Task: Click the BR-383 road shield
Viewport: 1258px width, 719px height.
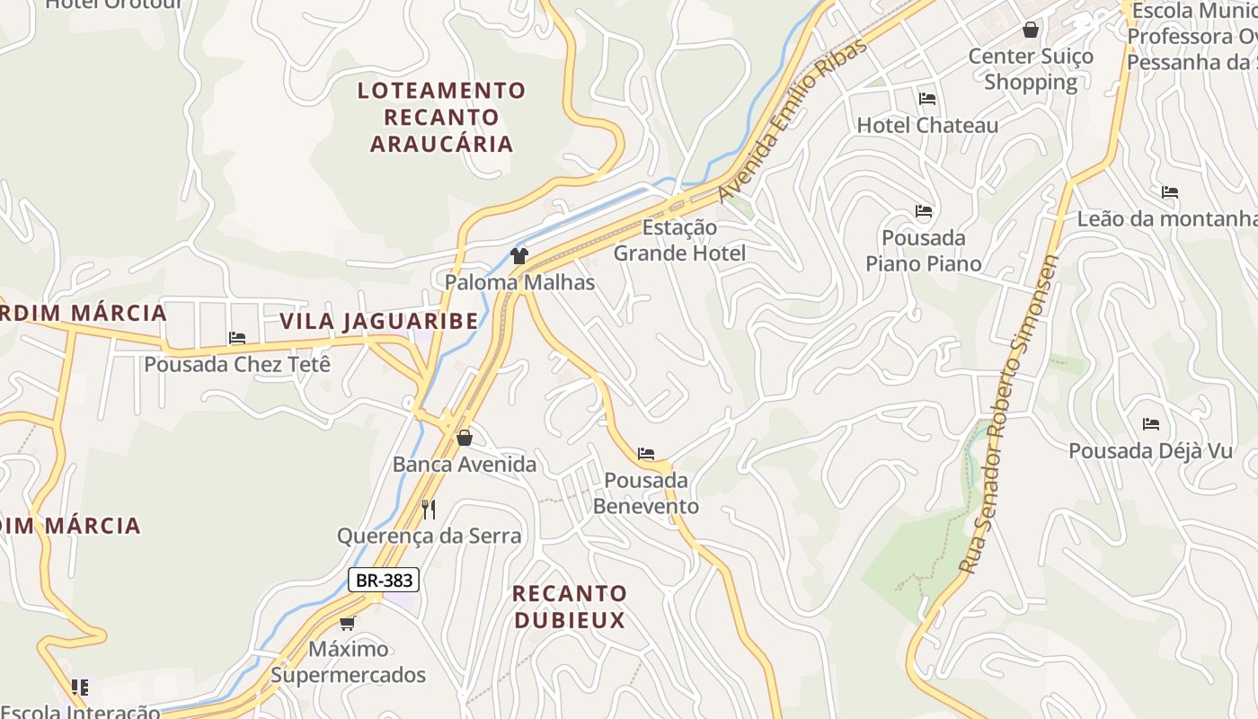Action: click(384, 580)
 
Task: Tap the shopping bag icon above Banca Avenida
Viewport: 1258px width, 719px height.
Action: click(465, 438)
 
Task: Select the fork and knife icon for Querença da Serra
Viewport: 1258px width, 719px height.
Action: click(429, 510)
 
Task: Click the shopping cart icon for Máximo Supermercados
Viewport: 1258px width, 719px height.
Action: click(347, 622)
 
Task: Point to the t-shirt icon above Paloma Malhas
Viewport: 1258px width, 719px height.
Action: click(518, 256)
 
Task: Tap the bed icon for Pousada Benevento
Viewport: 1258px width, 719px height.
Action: click(645, 454)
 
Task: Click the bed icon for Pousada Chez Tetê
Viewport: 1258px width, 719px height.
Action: click(237, 338)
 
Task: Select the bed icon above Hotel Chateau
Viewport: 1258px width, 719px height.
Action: click(927, 99)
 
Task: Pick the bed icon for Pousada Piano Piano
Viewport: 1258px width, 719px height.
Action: click(924, 212)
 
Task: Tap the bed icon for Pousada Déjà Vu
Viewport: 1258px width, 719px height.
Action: click(1151, 424)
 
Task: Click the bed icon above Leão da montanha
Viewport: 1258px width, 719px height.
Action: click(1169, 192)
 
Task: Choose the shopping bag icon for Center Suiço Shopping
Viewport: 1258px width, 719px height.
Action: click(1030, 31)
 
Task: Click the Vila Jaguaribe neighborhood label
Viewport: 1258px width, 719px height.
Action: click(378, 321)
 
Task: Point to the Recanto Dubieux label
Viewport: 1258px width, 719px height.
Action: click(569, 607)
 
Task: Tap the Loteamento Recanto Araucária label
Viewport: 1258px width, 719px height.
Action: click(441, 117)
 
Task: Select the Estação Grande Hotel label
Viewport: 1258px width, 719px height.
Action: click(679, 241)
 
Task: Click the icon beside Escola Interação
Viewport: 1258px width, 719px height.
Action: click(80, 688)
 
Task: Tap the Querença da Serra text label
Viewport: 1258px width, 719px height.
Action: click(429, 537)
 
